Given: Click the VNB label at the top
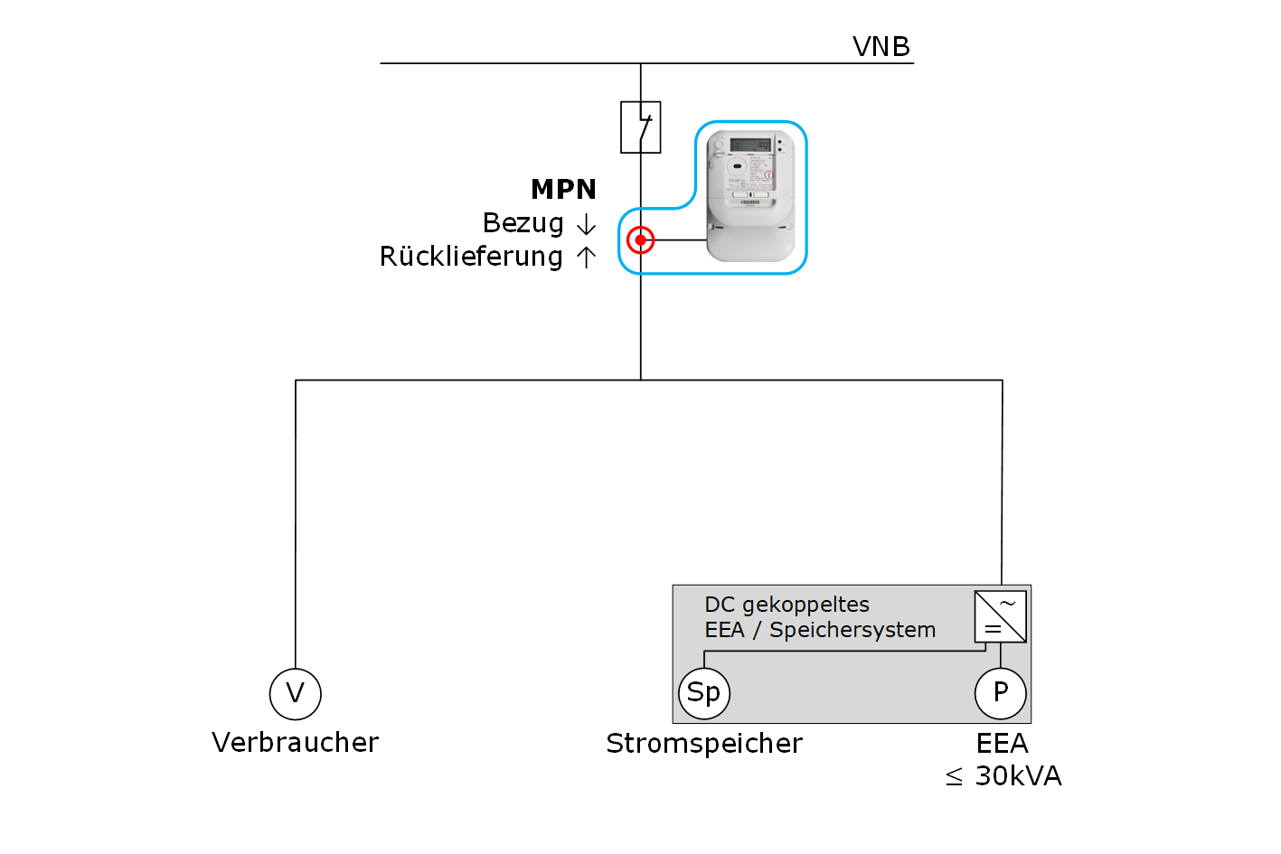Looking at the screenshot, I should coord(881,46).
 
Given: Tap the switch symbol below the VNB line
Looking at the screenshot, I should coord(641,127).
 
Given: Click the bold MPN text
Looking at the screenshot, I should coord(563,190).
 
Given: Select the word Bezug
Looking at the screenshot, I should coord(523,223).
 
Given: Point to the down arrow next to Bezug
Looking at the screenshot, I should coord(586,224).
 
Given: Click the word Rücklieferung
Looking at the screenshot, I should coord(471,257).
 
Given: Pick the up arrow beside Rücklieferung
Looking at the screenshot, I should coord(586,258).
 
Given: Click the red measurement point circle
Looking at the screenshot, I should coord(640,240).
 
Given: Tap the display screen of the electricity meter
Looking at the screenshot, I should coord(750,145).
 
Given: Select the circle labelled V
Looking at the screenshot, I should coord(296,694).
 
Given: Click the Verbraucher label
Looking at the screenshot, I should coord(296,743).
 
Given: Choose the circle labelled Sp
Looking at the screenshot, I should coord(704,693).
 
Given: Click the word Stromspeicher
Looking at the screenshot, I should coord(704,744).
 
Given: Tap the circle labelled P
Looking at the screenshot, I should coord(1001,693).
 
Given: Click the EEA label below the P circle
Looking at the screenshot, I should coord(1002,744).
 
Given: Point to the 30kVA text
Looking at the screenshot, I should coord(1018,776).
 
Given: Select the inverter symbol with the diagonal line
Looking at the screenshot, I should coord(1001,616).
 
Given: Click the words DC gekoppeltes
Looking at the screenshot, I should coord(786,605).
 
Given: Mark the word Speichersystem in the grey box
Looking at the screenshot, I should coord(852,630).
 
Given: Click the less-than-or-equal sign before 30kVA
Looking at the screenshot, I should coord(954,777).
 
